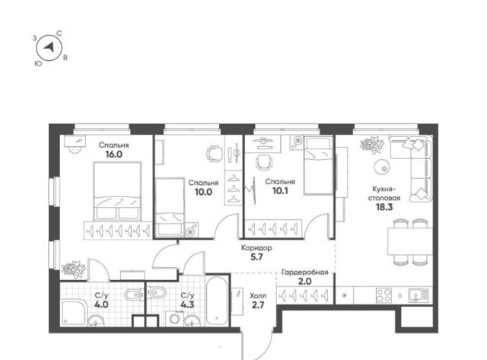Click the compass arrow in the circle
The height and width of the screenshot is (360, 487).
(x=49, y=47)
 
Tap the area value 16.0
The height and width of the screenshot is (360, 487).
(x=113, y=155)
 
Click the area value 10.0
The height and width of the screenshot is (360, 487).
(x=203, y=192)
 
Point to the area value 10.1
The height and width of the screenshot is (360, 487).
(x=280, y=191)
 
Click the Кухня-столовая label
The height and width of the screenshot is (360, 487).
(x=384, y=193)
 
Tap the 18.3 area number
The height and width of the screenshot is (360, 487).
(x=384, y=207)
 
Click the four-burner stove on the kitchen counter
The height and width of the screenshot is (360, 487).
(x=384, y=295)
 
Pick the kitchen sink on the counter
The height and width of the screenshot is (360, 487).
(x=419, y=295)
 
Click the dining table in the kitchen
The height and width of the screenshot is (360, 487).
(x=409, y=241)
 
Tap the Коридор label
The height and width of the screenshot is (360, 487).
(x=257, y=248)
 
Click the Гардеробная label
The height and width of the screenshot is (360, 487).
(x=304, y=272)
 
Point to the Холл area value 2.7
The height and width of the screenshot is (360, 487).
(x=258, y=305)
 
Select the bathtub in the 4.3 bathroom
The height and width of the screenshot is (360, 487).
(x=217, y=301)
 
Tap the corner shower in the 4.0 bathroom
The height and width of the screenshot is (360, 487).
(x=73, y=313)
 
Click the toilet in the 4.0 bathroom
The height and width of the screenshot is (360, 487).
(x=134, y=294)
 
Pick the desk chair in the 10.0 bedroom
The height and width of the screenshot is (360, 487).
(x=215, y=154)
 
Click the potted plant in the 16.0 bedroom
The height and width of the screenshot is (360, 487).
(x=74, y=269)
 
